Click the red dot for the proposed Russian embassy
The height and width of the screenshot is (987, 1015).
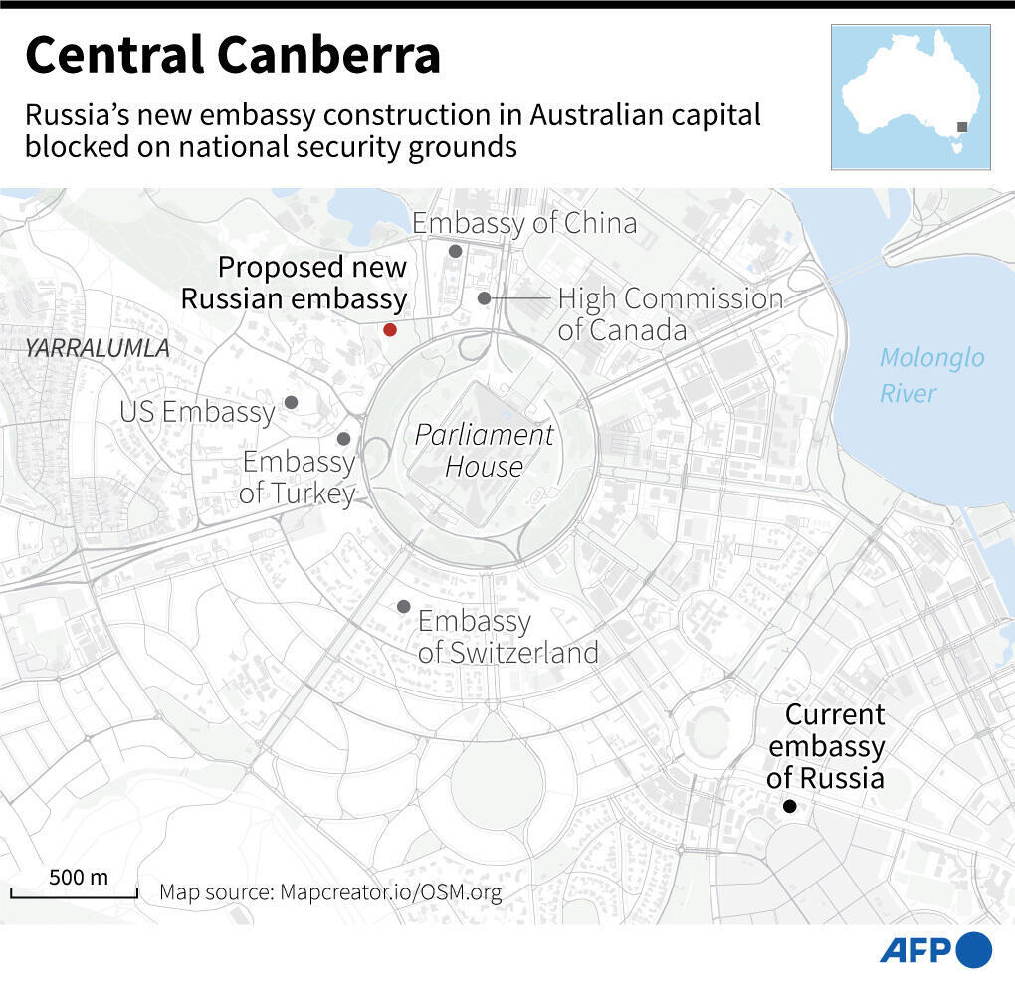tap(390, 329)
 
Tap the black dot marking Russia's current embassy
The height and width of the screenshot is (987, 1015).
tap(789, 806)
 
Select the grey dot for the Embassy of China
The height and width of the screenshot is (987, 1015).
tap(455, 251)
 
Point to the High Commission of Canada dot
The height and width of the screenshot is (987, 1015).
tap(484, 297)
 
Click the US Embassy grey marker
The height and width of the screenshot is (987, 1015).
tap(291, 402)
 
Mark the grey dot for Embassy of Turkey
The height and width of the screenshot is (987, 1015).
tap(343, 438)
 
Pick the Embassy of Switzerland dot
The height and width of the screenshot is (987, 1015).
tap(403, 606)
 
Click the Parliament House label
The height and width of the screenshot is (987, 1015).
tap(484, 450)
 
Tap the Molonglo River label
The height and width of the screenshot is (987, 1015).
tap(931, 374)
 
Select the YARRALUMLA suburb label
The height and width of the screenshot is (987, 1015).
tap(98, 349)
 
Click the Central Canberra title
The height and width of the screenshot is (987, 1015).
tap(233, 55)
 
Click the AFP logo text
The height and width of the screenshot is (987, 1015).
tap(915, 950)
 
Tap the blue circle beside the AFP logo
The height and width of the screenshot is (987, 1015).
tap(974, 950)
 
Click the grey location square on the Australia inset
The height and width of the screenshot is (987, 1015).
tap(962, 127)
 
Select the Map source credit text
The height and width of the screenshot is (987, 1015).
tap(330, 892)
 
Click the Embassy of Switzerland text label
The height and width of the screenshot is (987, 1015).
tap(507, 637)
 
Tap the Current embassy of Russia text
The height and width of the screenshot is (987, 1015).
tap(826, 746)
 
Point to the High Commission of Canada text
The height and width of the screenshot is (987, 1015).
tap(670, 313)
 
